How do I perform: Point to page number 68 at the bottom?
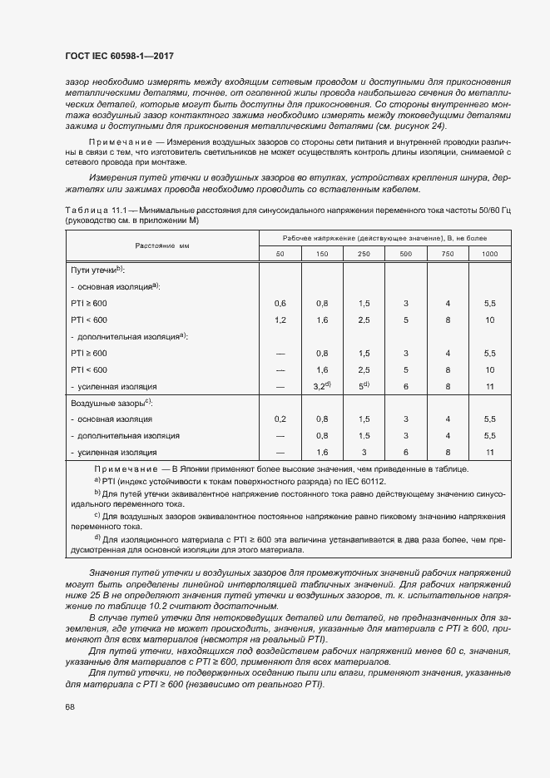pos(69,707)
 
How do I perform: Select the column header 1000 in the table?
pos(489,253)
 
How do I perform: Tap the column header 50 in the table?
pos(280,253)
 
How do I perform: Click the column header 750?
pos(448,253)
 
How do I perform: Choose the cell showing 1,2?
pos(280,320)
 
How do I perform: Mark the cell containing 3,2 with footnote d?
pos(323,386)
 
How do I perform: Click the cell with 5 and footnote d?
pos(364,386)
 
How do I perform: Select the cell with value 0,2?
pos(280,419)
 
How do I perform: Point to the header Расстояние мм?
pos(164,245)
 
